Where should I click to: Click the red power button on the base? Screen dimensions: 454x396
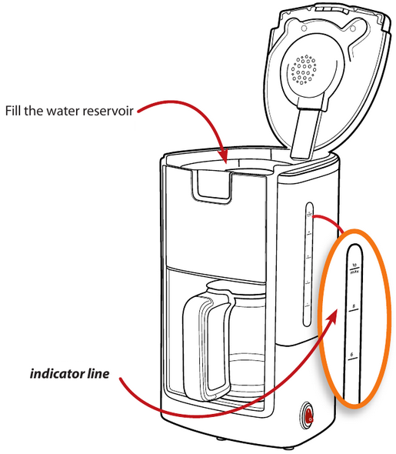pyautogui.click(x=308, y=417)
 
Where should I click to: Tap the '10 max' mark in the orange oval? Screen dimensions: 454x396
pyautogui.click(x=354, y=268)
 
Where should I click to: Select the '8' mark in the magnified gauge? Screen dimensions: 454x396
pyautogui.click(x=353, y=307)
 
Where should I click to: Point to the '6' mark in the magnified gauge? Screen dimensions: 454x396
pyautogui.click(x=352, y=355)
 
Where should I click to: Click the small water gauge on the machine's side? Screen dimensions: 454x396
pyautogui.click(x=308, y=262)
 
